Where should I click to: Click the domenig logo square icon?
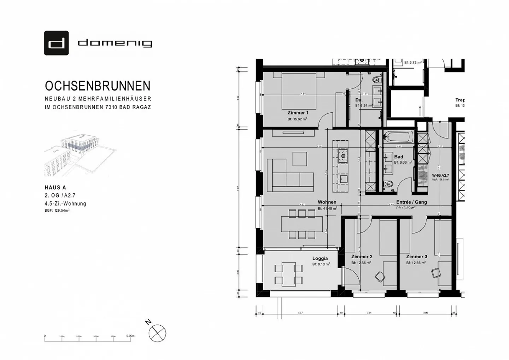[56, 43]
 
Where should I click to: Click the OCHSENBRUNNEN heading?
[98, 86]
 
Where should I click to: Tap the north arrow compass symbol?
[157, 333]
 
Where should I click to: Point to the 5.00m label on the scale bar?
[130, 336]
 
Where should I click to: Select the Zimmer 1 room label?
[298, 113]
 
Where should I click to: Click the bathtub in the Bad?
[399, 136]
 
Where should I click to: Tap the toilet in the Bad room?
[388, 184]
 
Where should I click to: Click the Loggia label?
[320, 259]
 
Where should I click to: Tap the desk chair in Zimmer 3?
[435, 273]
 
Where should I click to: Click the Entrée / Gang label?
[411, 202]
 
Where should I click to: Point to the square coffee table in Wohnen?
[300, 159]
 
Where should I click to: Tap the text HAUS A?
[55, 188]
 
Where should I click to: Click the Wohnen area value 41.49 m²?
[327, 208]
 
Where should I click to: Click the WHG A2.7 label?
[440, 175]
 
